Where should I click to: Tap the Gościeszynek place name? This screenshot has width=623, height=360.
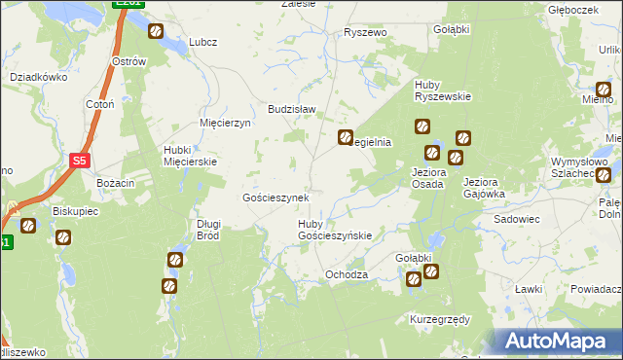(275, 198)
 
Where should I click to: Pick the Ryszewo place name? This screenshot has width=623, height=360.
(366, 32)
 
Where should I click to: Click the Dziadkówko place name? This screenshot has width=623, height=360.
(37, 76)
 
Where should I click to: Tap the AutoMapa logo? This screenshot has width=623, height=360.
(559, 342)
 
